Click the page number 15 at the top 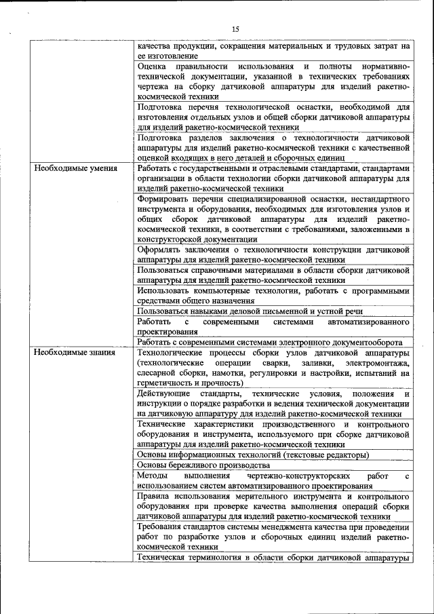point(235,29)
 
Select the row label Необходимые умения point(76,168)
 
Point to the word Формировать point(166,199)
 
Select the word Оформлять point(162,250)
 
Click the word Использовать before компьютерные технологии point(167,290)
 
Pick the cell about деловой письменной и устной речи point(250,311)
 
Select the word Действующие point(163,394)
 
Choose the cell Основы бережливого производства point(203,465)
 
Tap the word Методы point(153,476)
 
